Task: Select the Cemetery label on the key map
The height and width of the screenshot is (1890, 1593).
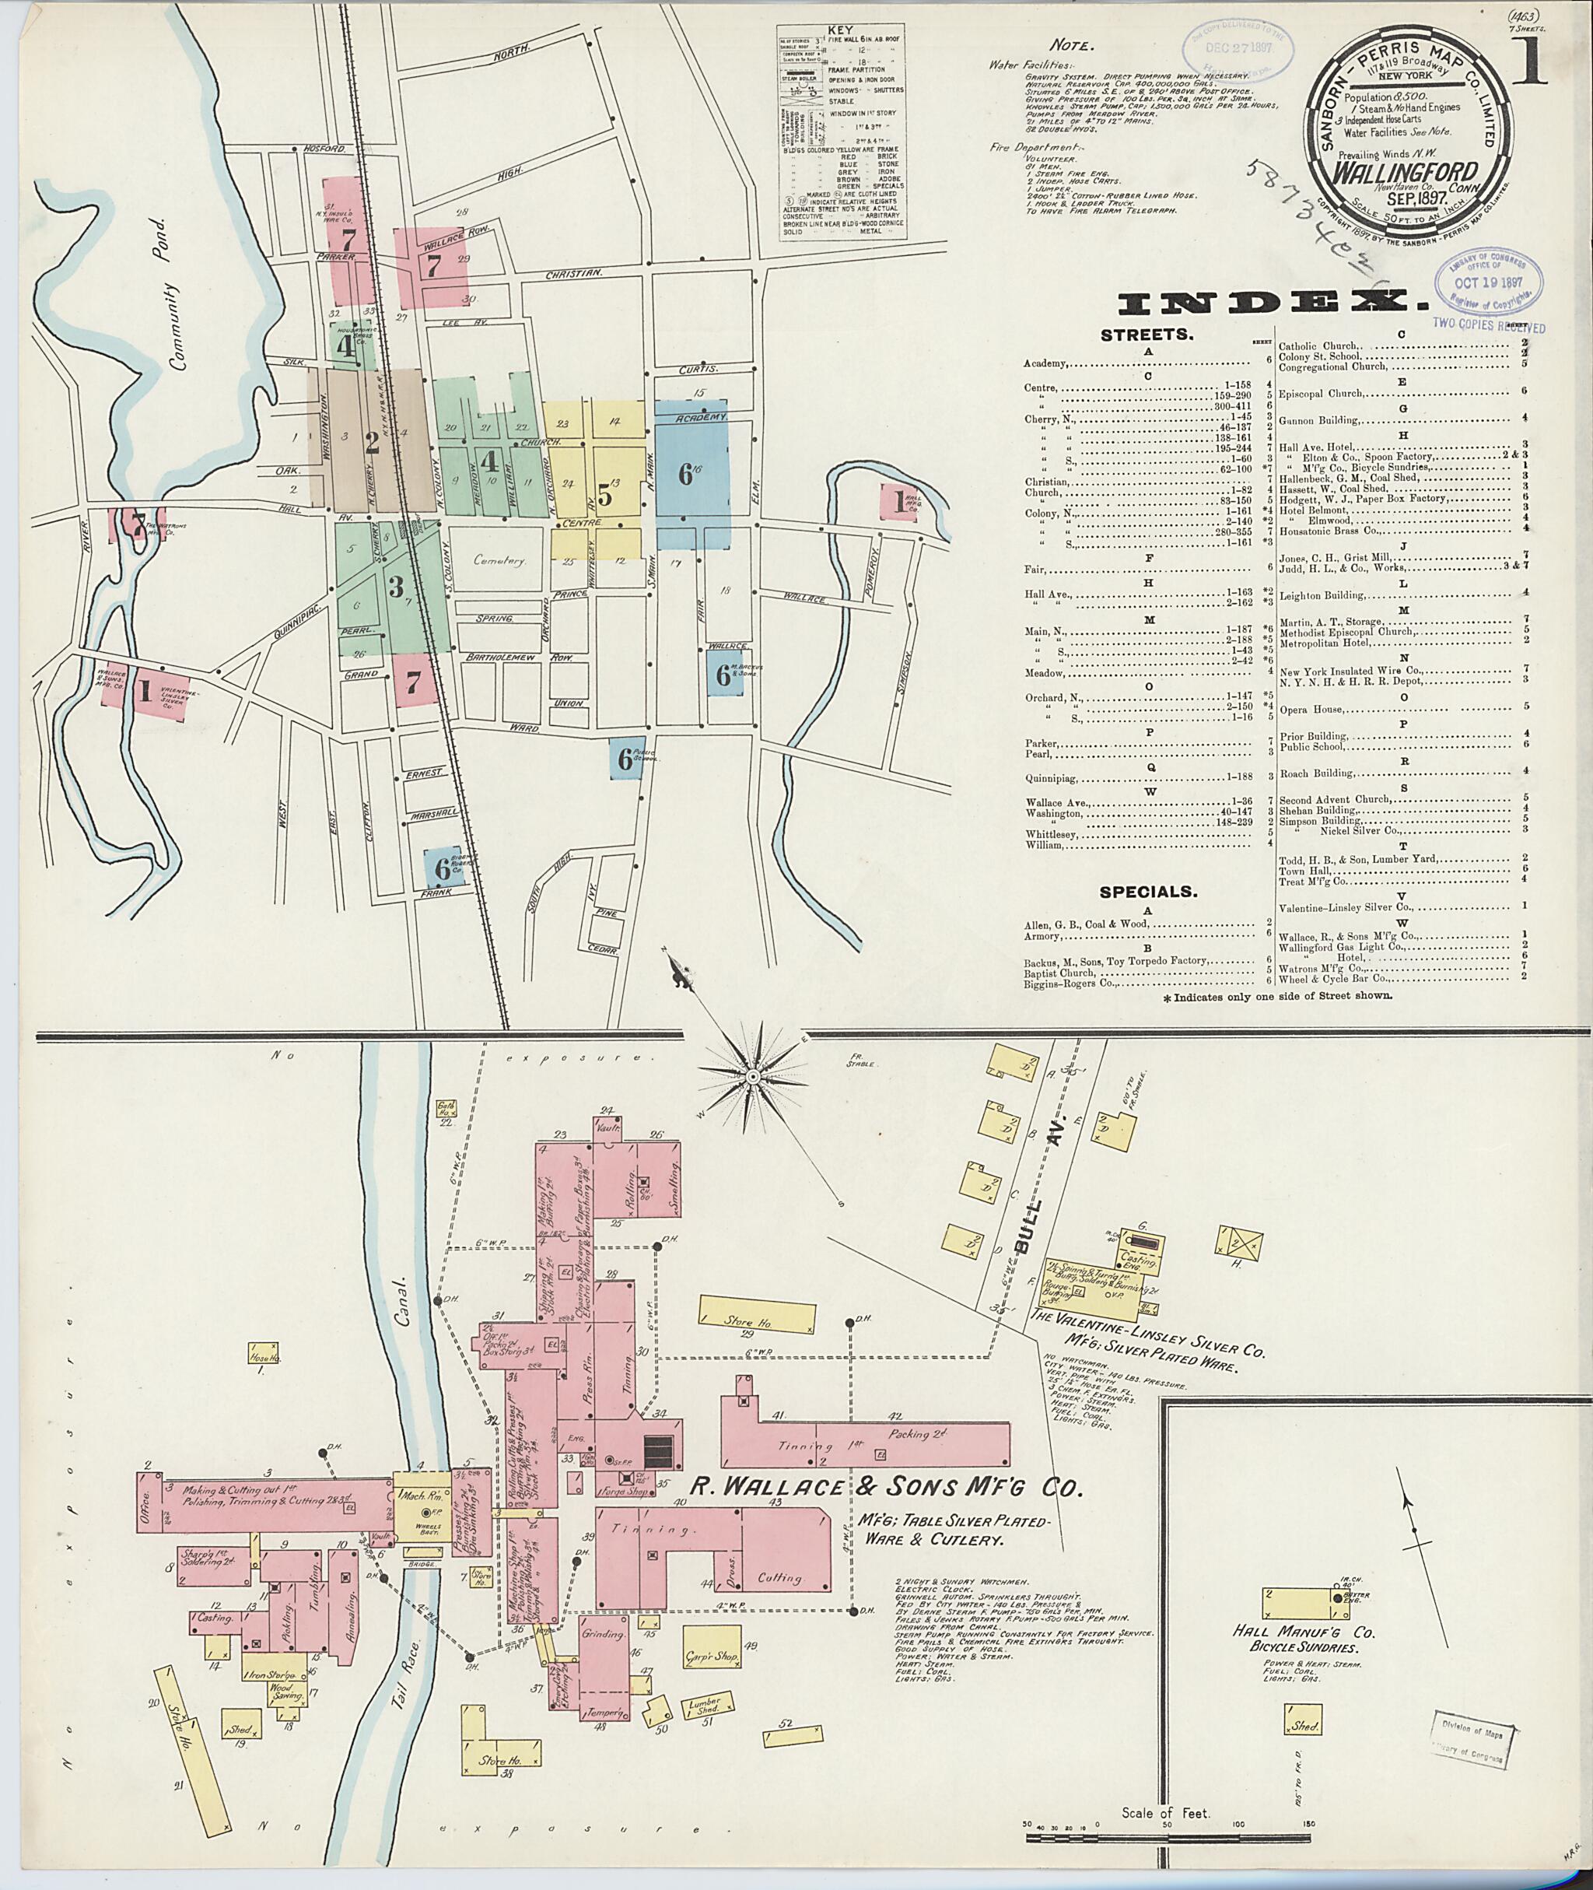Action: click(500, 560)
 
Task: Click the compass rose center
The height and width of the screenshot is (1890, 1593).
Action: click(751, 1077)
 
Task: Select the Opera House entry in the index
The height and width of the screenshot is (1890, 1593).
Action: click(1305, 709)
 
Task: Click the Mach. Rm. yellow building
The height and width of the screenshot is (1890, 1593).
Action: click(416, 1504)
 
